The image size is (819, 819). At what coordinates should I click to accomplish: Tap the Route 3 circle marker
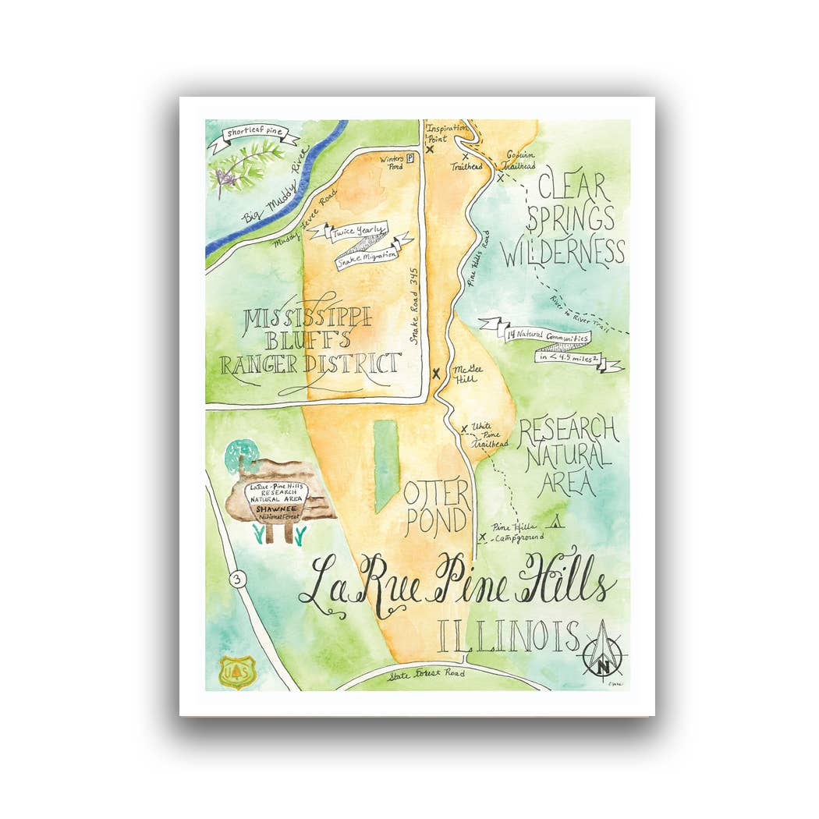coord(236,580)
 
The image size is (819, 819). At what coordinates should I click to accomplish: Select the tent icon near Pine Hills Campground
coord(557,522)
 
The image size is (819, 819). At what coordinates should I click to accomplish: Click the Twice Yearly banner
coord(358,232)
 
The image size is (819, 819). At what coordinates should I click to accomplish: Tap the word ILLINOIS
coord(509,636)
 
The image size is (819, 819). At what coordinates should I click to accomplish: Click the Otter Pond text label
coord(436,507)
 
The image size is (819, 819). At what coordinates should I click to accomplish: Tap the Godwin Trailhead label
coord(518,160)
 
